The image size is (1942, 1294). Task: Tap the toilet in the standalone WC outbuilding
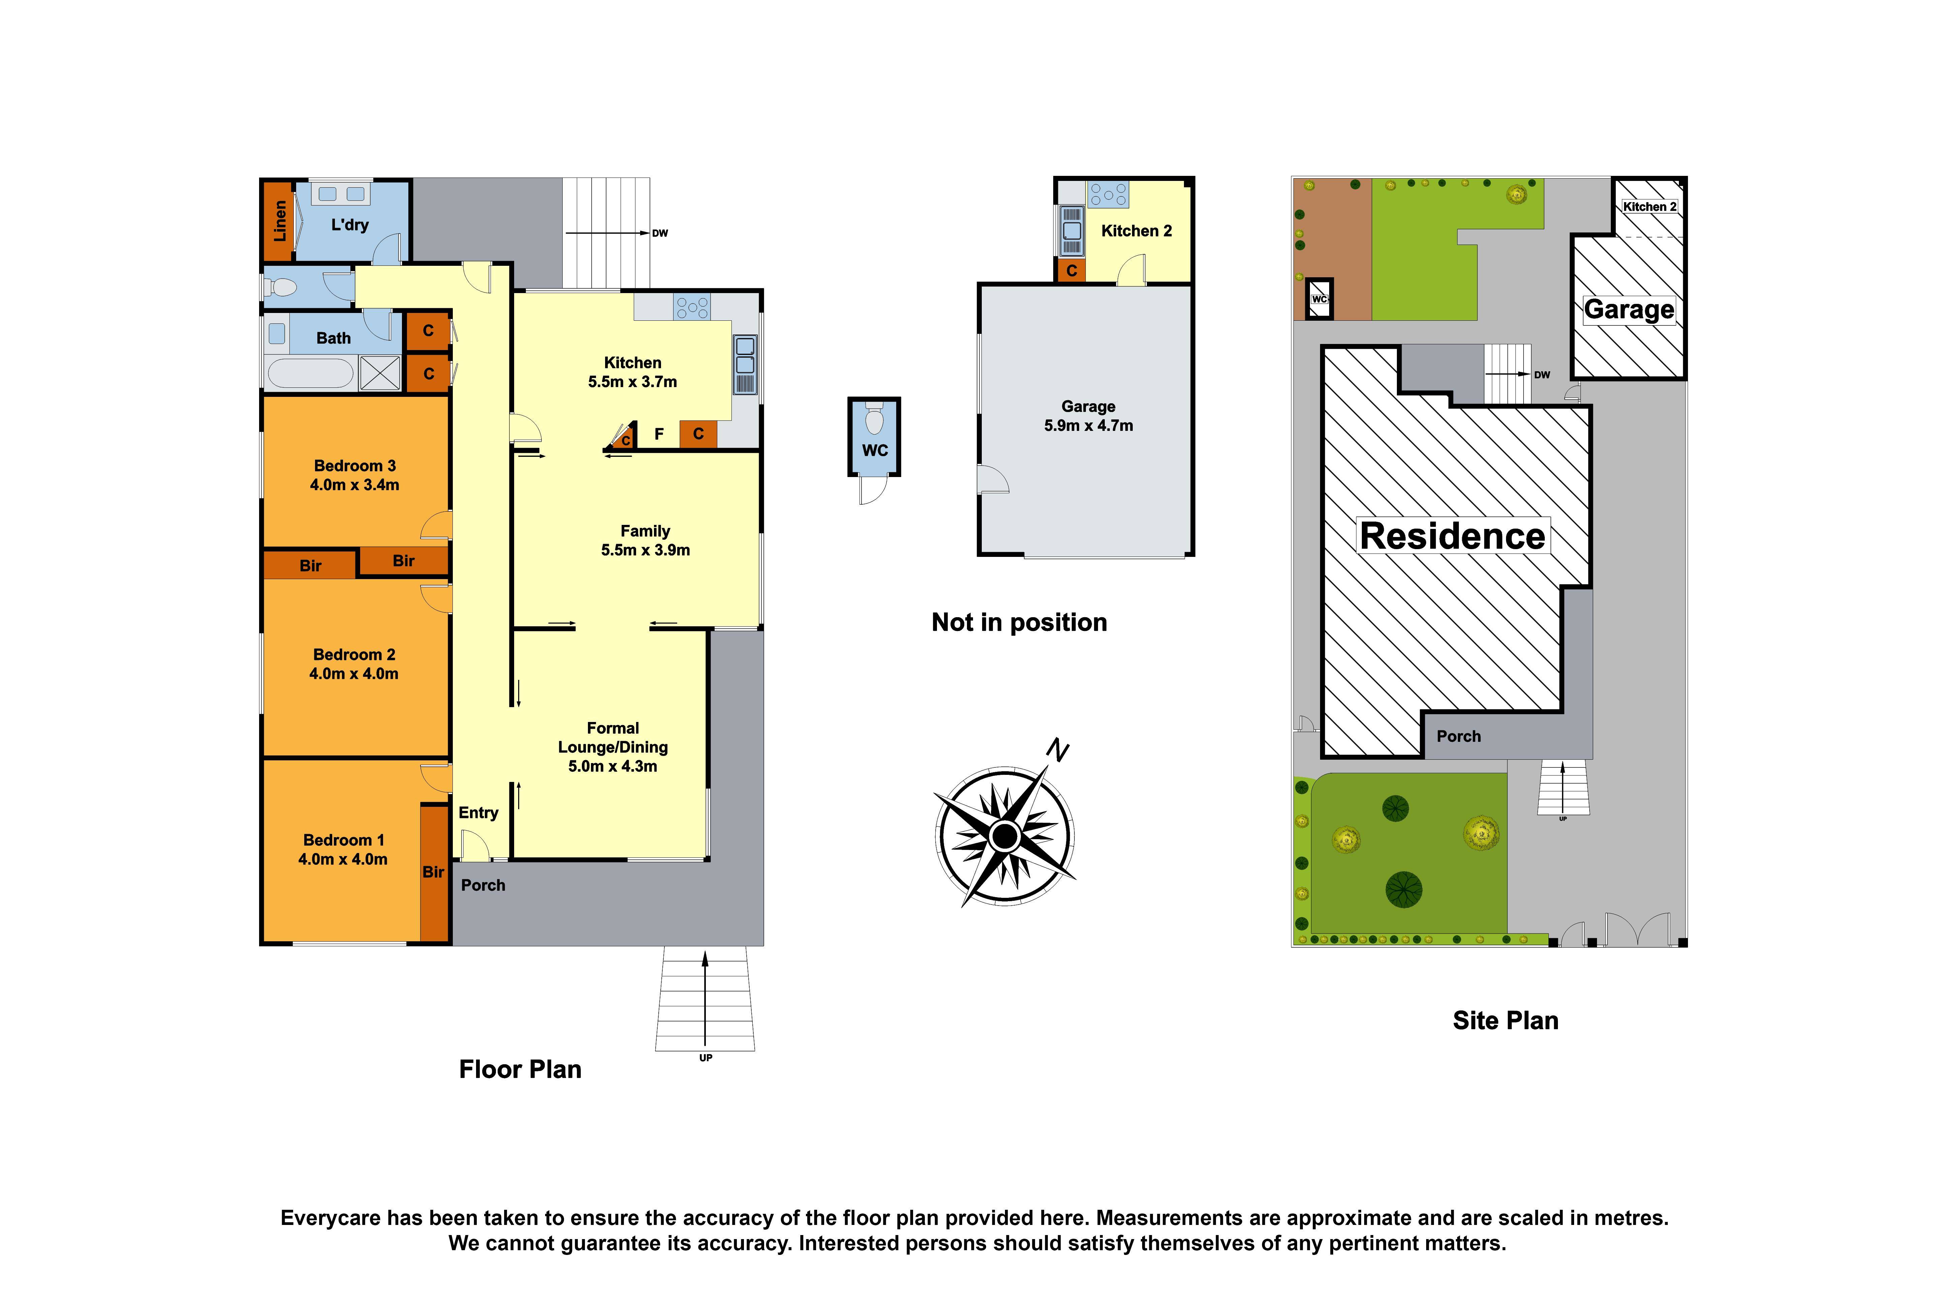(874, 421)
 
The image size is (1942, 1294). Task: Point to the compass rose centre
(1004, 836)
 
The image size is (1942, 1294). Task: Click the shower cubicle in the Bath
(380, 373)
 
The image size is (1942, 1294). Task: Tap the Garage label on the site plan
(1628, 310)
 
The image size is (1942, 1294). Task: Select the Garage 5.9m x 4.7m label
(1088, 416)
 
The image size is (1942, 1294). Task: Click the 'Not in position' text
(1019, 622)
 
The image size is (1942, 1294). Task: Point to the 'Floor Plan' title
(520, 1070)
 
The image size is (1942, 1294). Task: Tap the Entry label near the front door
(478, 813)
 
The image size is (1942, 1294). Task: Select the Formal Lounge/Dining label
(613, 747)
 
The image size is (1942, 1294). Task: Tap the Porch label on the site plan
(1459, 736)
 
